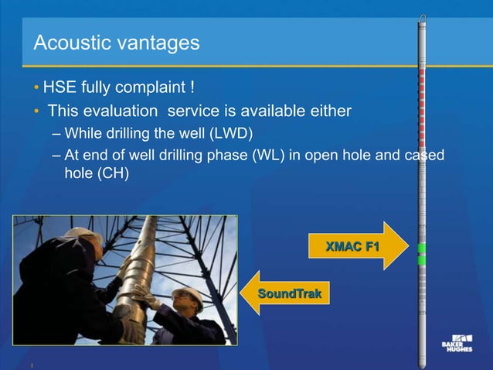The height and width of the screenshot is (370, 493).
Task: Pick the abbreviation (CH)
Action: click(111, 174)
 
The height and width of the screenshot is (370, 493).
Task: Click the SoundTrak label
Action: click(289, 294)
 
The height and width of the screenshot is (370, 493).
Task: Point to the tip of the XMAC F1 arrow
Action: click(406, 246)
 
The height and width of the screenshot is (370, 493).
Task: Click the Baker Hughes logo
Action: click(461, 343)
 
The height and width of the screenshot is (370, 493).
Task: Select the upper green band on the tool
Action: click(422, 248)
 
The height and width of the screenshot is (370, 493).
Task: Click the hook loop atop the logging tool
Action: click(422, 16)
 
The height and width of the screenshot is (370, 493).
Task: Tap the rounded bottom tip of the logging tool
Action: click(422, 364)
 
